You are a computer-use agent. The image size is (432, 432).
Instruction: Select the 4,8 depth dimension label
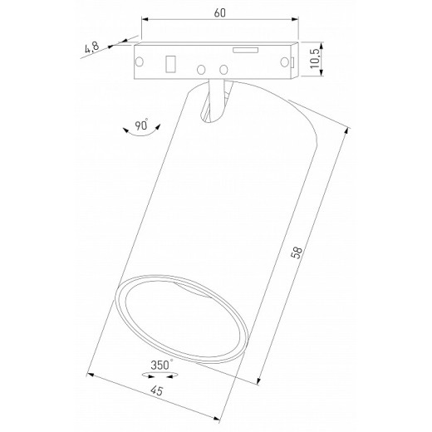(91, 49)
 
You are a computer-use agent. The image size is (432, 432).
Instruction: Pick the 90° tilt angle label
(142, 126)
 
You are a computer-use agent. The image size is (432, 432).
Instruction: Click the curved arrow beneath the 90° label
(135, 140)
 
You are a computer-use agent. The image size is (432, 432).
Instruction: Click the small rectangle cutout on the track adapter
(171, 63)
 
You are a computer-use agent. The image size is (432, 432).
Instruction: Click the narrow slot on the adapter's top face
(244, 50)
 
